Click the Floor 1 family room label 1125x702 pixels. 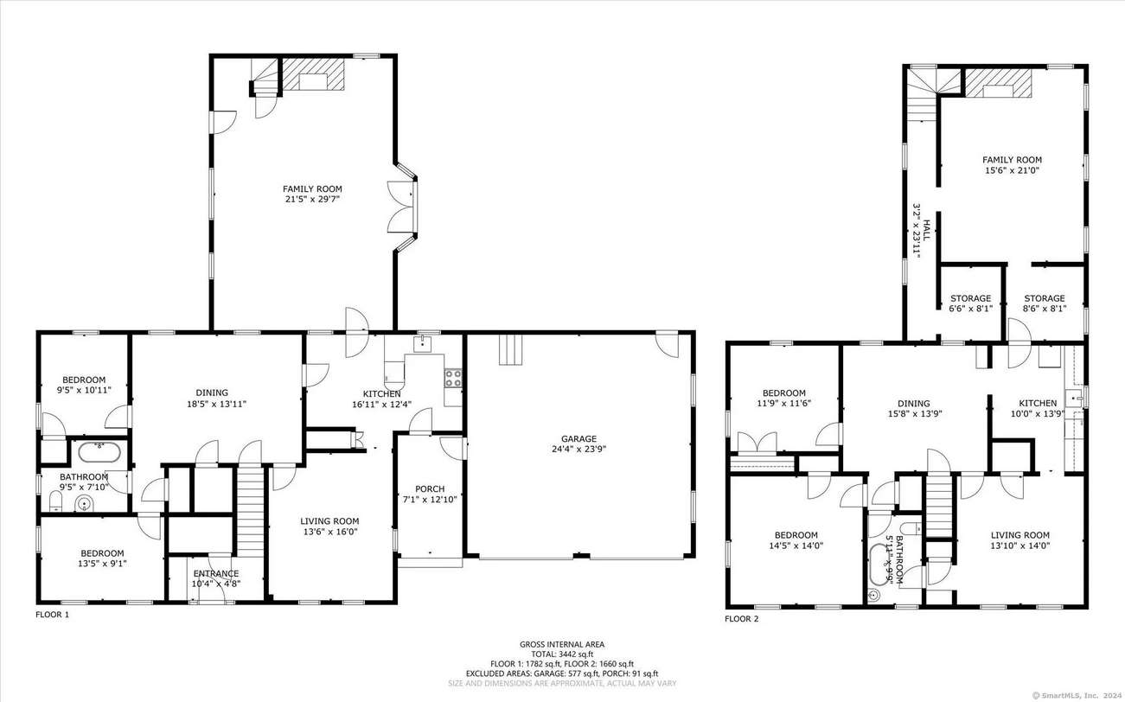(312, 194)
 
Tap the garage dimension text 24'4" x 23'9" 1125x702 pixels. (578, 449)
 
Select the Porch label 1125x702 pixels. (430, 488)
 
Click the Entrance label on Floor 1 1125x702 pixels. (216, 573)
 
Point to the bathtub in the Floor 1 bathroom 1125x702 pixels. (99, 452)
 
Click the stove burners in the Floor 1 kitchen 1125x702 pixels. (453, 378)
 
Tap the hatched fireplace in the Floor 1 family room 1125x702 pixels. (313, 74)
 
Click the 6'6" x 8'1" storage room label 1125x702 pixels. (970, 303)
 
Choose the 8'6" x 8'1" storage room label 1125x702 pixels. (1044, 303)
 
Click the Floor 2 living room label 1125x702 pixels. (1020, 540)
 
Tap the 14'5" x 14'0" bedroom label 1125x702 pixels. (796, 540)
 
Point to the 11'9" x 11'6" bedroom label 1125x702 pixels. (783, 398)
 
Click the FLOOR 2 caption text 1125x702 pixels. (741, 619)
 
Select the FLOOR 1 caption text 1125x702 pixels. (52, 615)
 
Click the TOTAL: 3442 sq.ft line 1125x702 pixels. (562, 654)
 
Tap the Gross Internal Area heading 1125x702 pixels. (562, 644)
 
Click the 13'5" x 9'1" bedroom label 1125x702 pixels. (102, 558)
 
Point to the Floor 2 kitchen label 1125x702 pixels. (1038, 408)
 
